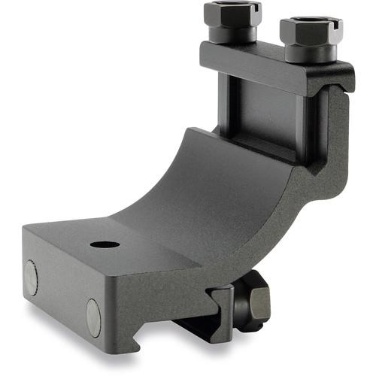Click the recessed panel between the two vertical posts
coord(267,113)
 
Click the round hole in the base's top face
coord(105,244)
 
